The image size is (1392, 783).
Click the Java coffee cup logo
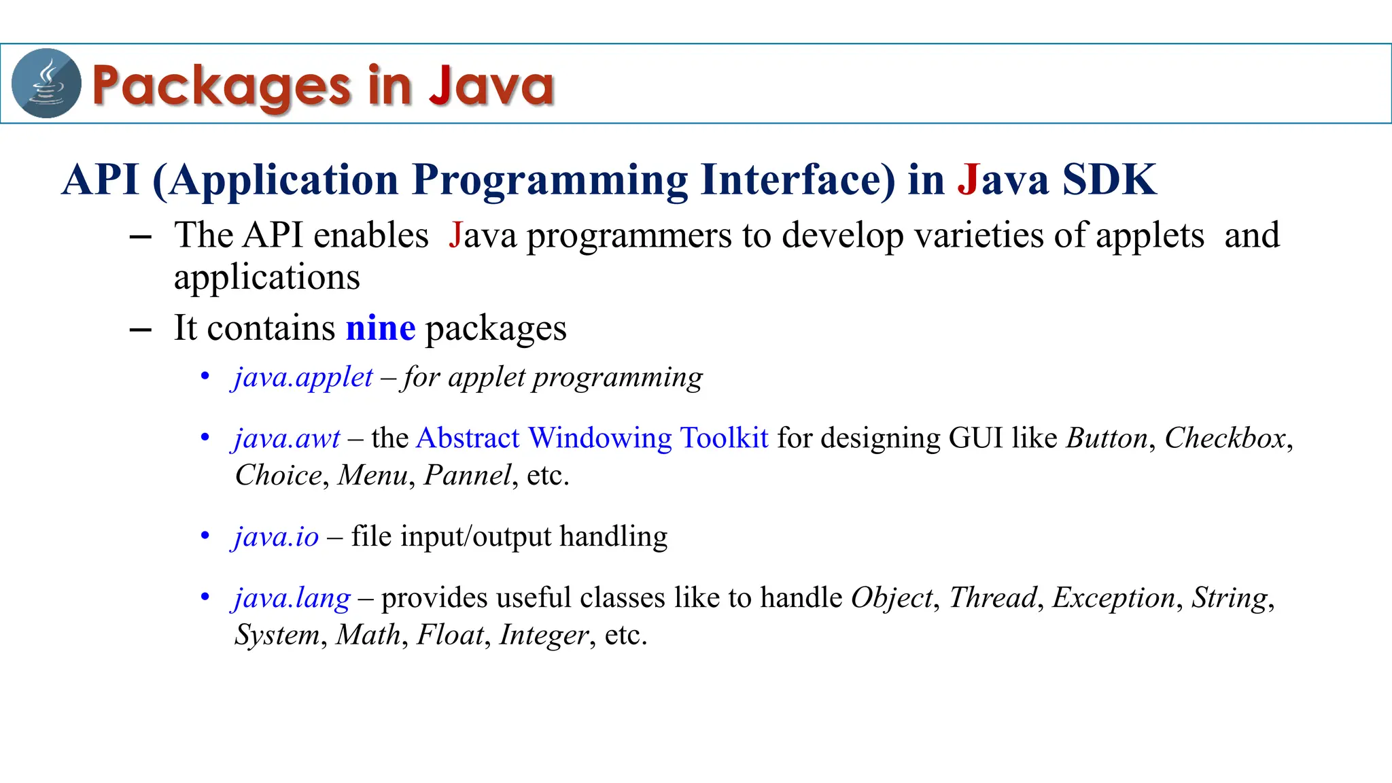[46, 84]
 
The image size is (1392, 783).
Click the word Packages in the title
[221, 86]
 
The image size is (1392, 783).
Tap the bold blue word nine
[380, 328]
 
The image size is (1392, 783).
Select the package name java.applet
[303, 377]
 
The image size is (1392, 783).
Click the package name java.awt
[287, 438]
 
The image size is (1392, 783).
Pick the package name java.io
[276, 537]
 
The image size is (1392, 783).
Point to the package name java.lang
[292, 598]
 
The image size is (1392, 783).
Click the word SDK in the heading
[1109, 180]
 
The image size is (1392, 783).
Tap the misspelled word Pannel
[467, 475]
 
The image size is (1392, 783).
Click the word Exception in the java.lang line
[1113, 598]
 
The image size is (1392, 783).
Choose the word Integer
[544, 635]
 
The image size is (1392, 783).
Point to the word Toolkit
[724, 438]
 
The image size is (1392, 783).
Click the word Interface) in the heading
[798, 180]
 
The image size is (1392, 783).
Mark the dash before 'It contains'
[140, 330]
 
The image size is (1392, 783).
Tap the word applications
[266, 278]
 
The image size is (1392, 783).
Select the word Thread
[992, 598]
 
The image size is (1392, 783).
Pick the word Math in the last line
[368, 635]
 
